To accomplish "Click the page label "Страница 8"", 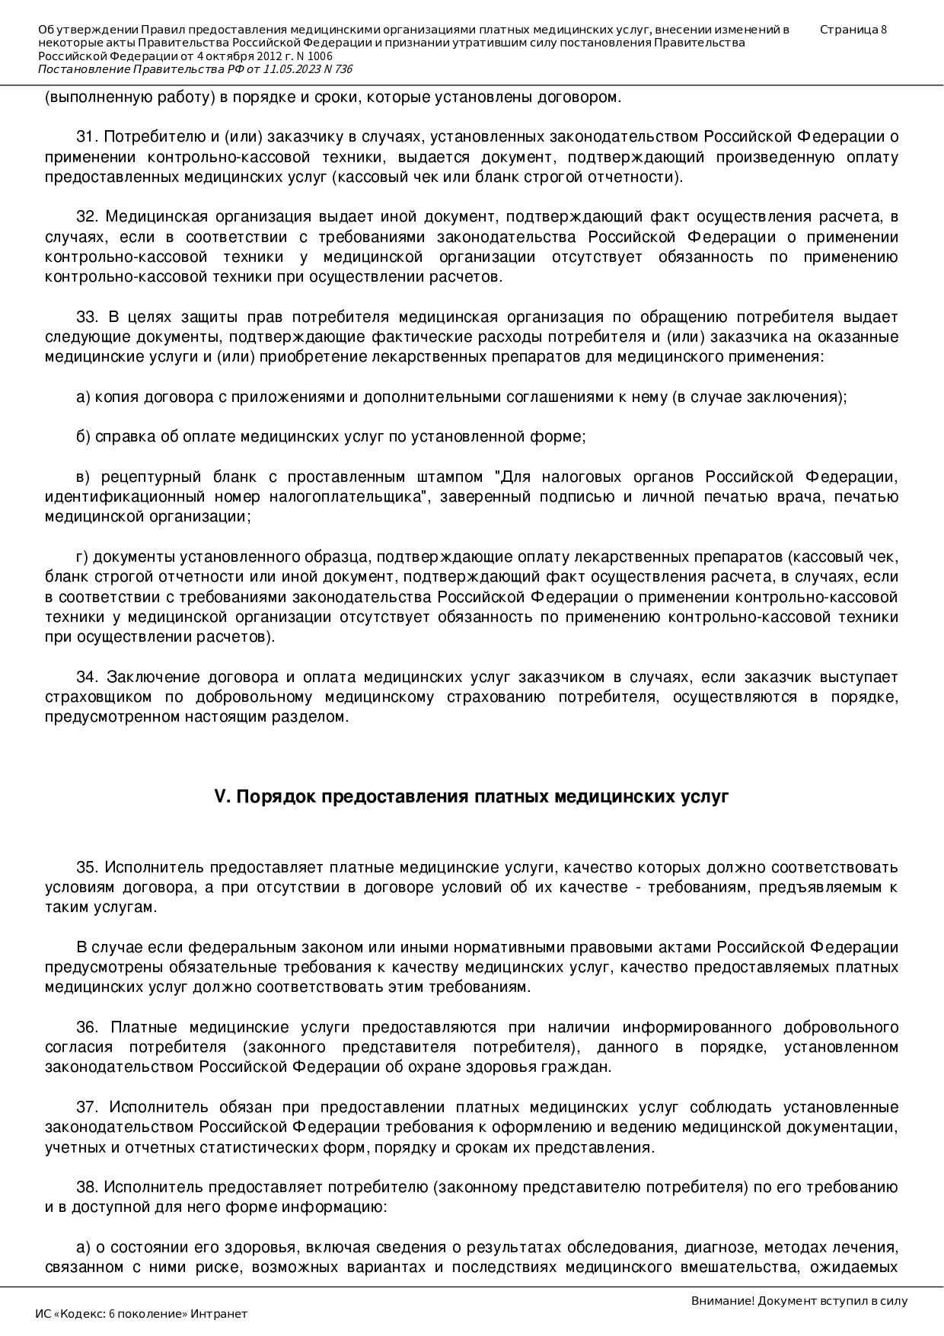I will point(853,30).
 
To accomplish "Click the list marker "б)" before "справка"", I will point(83,437).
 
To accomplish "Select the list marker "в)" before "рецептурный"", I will point(83,477).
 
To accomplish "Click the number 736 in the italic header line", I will point(343,69).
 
